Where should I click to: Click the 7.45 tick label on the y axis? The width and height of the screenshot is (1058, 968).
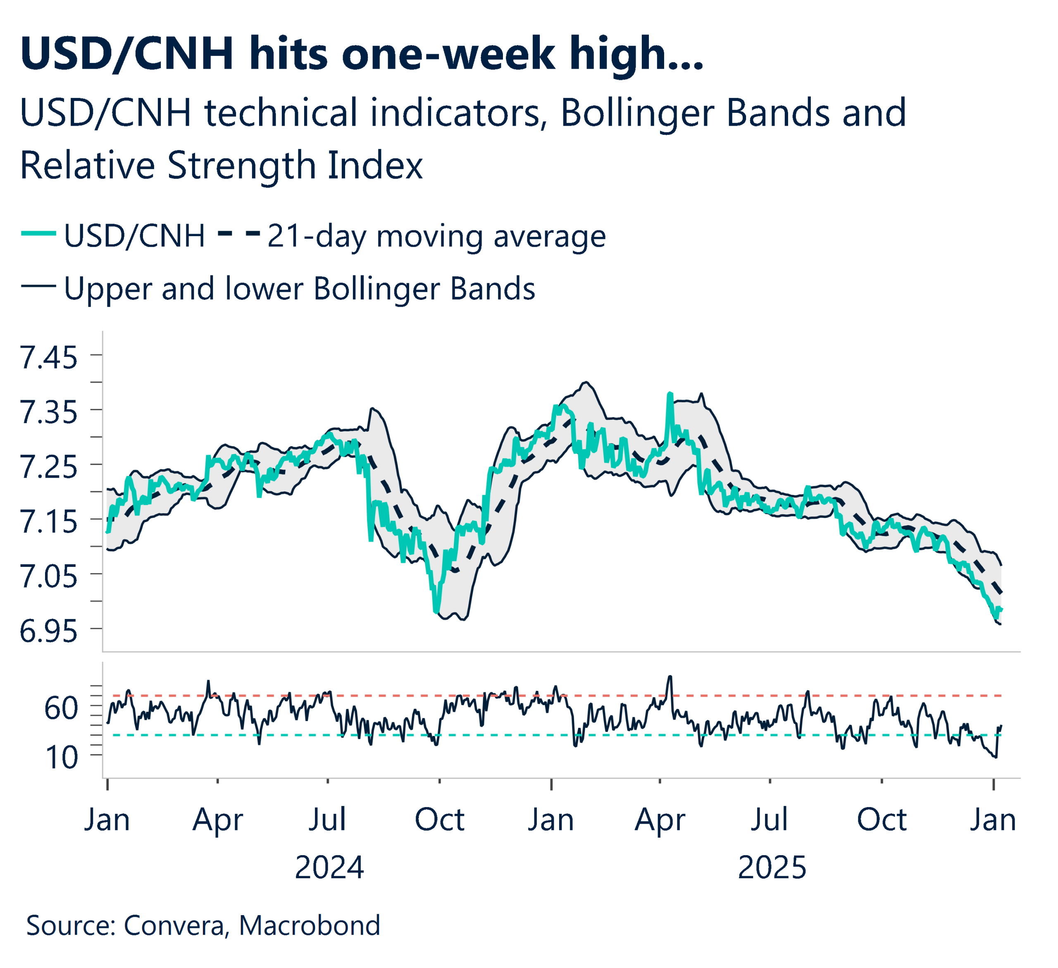48,358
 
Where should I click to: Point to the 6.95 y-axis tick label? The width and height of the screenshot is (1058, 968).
48,631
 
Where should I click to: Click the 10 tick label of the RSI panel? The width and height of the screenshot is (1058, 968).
62,758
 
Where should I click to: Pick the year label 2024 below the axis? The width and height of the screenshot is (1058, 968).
329,868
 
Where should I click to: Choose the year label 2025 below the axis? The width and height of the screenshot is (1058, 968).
772,868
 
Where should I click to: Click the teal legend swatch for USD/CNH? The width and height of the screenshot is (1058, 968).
38,234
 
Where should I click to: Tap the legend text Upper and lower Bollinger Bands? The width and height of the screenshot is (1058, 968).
299,289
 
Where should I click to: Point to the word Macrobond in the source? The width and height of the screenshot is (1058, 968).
310,925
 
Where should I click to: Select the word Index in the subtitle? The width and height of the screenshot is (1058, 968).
375,165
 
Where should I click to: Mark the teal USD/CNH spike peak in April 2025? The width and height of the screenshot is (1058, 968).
670,393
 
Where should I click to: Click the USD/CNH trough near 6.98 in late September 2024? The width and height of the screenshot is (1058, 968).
436,612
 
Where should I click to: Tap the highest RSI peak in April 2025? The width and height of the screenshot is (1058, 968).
670,676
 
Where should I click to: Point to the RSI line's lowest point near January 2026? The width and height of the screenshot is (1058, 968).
996,757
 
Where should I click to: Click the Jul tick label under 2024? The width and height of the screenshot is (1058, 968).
327,820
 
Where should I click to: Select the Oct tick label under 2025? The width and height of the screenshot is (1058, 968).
882,820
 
